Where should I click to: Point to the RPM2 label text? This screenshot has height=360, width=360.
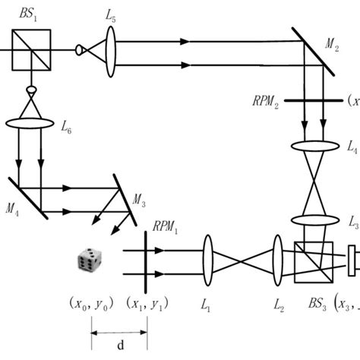tap(267, 101)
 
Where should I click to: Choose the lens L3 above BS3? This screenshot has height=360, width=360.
tap(314, 223)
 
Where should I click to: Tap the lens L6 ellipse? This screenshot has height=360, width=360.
tap(32, 122)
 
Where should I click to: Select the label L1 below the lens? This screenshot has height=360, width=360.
tap(206, 304)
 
